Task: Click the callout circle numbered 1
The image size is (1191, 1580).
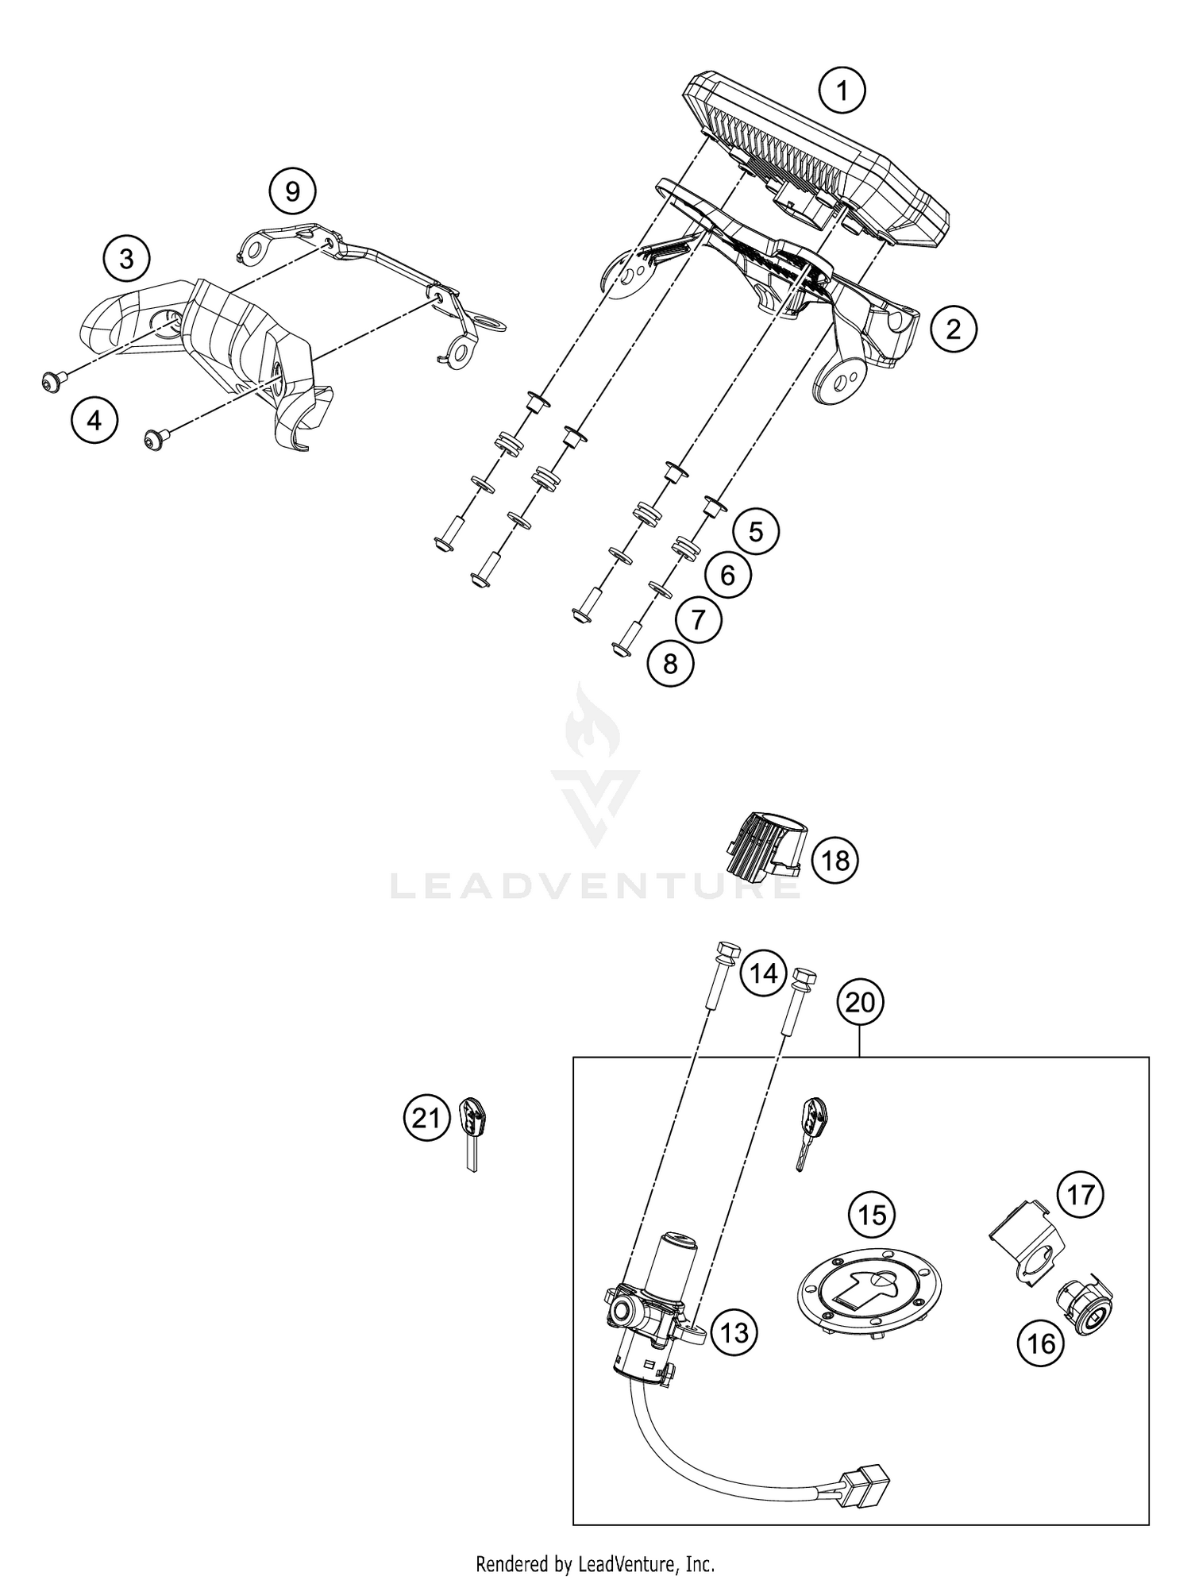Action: [842, 92]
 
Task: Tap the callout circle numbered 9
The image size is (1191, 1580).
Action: [292, 191]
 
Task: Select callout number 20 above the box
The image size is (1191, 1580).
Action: [860, 1003]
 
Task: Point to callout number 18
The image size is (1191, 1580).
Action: [835, 860]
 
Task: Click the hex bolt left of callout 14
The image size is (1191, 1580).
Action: [723, 976]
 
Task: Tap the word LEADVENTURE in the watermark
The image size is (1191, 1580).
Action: [595, 885]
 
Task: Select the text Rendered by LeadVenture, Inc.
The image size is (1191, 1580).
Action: [595, 1542]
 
